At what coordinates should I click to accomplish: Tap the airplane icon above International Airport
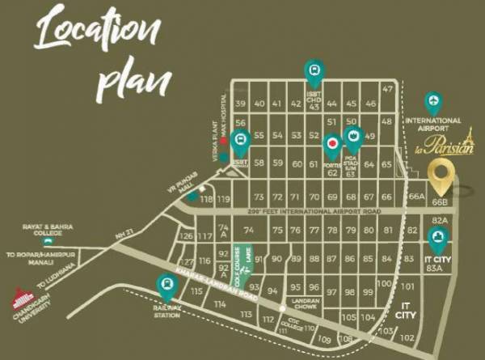[434, 103]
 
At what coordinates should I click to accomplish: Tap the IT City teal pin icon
[437, 237]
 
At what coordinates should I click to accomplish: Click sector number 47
[387, 88]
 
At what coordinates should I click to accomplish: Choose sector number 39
[240, 104]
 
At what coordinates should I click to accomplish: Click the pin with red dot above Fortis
[331, 146]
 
